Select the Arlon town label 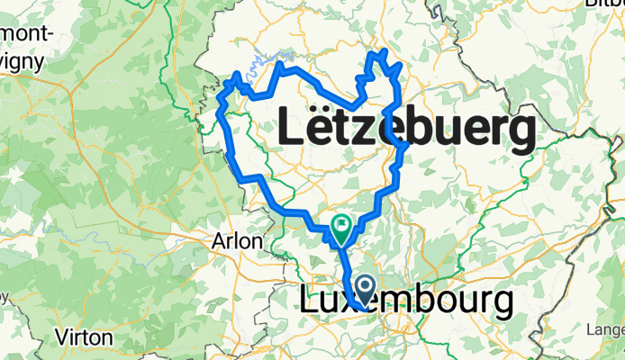(x=238, y=241)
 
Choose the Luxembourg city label (x=405, y=302)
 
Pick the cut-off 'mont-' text (x=29, y=32)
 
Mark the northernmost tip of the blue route (x=385, y=50)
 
